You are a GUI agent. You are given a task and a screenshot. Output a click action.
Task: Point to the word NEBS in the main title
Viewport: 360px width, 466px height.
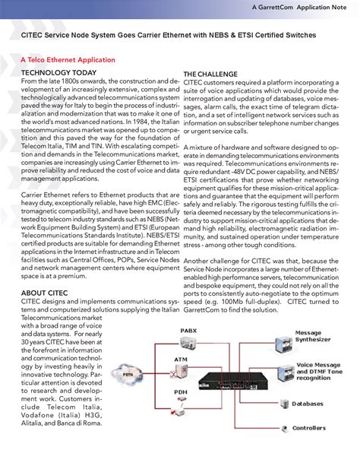click(247, 34)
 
